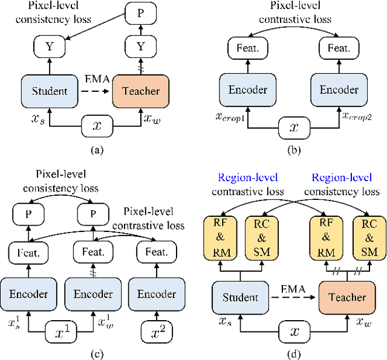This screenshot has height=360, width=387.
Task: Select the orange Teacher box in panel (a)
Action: [140, 91]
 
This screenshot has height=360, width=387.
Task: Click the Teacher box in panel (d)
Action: [347, 297]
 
